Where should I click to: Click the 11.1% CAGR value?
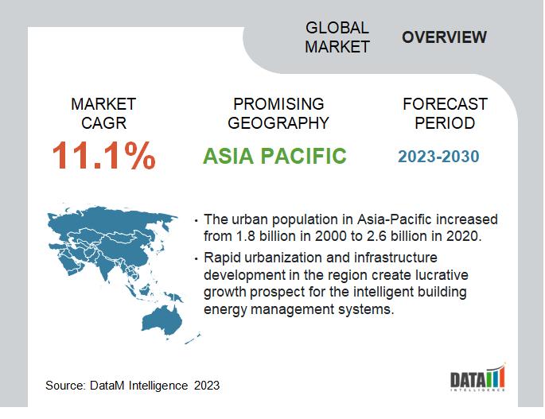103,156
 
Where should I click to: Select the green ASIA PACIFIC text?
274,156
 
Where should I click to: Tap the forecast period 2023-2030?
438,156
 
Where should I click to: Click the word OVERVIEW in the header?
444,37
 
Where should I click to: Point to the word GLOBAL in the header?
337,28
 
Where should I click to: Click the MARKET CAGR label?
103,114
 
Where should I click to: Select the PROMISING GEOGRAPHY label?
278,114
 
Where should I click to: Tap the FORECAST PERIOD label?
445,114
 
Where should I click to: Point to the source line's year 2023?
204,386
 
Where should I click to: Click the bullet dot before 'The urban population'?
197,220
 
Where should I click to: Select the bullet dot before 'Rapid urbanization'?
197,259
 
